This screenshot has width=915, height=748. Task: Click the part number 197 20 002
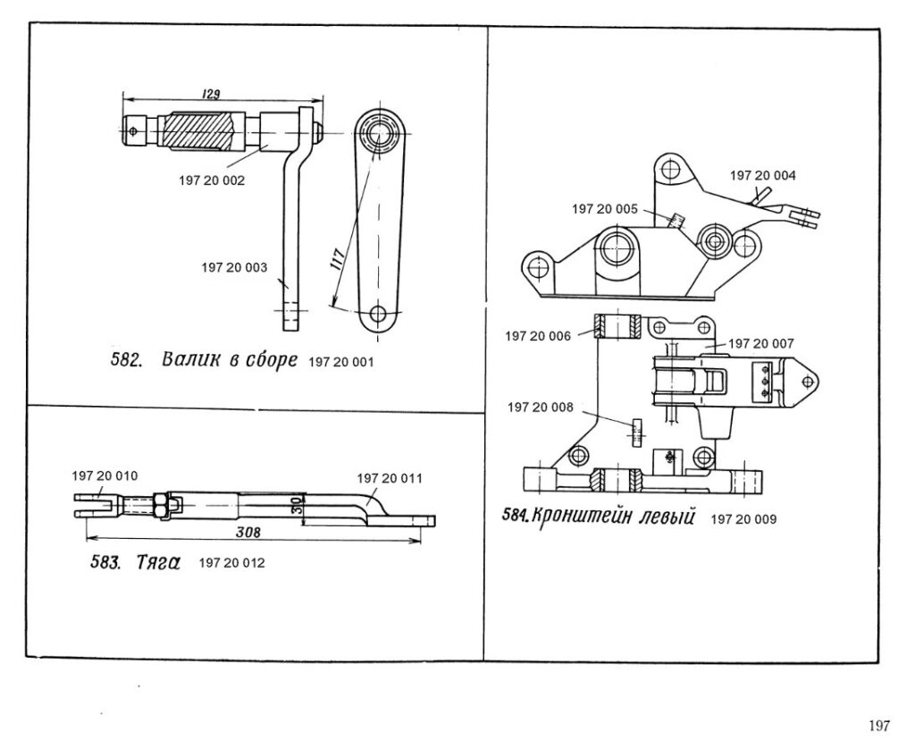click(212, 181)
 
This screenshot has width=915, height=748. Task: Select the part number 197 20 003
click(234, 268)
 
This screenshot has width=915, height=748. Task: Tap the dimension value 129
click(210, 93)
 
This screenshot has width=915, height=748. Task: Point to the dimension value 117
click(338, 257)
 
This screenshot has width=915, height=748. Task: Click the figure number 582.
click(127, 360)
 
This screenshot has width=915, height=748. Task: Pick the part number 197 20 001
click(340, 362)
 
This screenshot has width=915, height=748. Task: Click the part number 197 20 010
click(105, 476)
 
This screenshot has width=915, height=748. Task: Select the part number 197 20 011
click(390, 479)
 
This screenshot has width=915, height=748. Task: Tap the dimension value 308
click(248, 532)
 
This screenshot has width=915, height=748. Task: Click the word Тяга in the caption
click(158, 562)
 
